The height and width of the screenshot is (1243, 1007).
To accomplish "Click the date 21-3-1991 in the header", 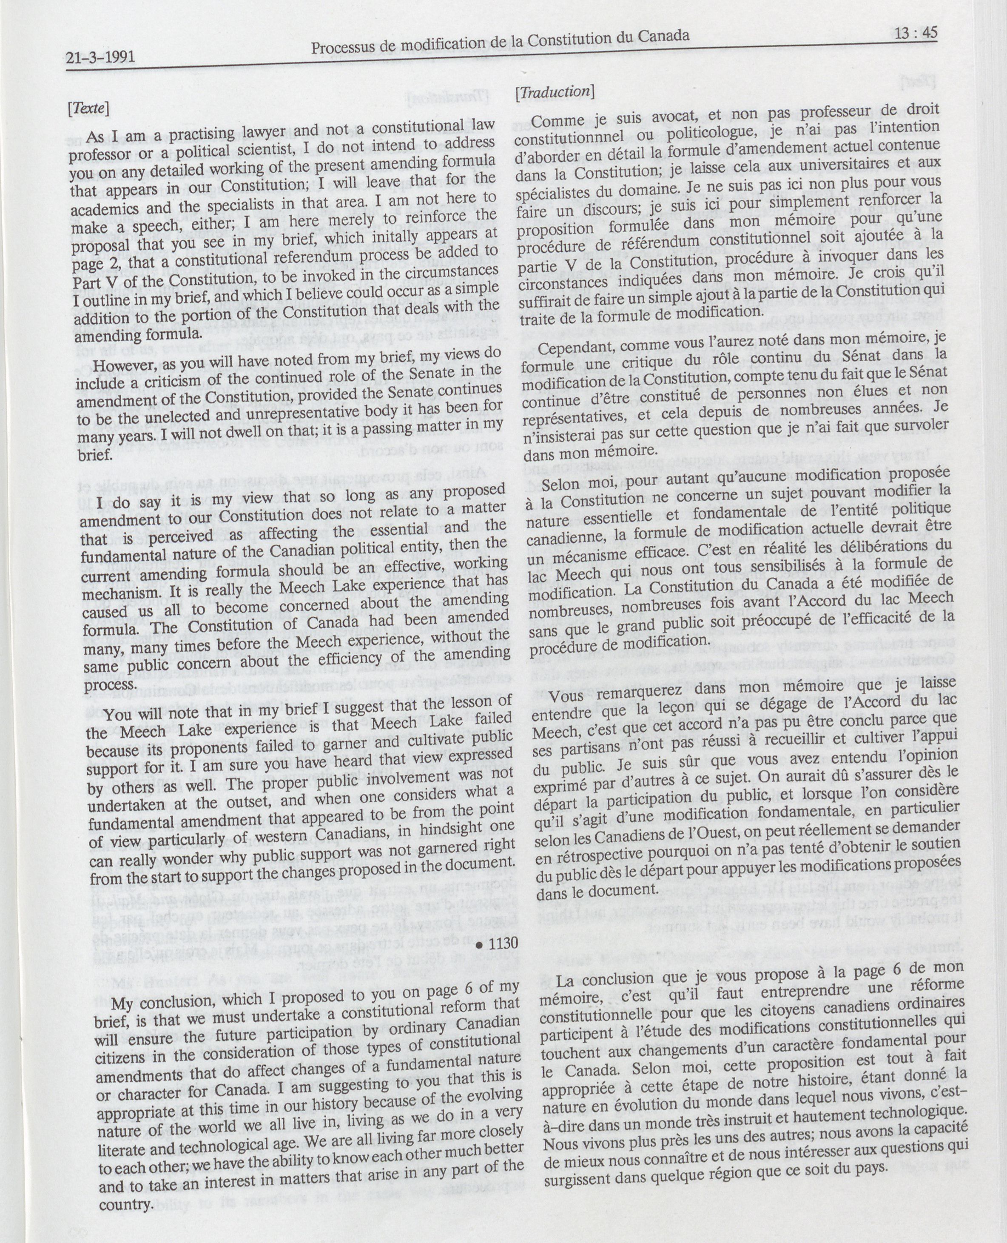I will point(100,57).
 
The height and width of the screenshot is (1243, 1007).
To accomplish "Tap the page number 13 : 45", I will point(915,33).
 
